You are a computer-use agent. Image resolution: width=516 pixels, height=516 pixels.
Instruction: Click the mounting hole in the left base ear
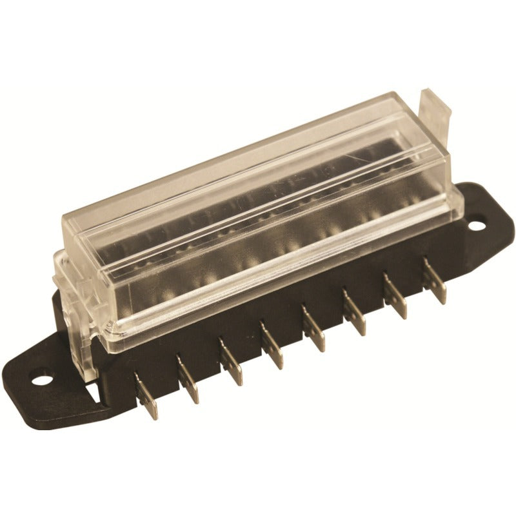click(x=41, y=375)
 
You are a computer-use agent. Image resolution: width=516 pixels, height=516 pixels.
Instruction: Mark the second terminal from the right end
click(x=395, y=297)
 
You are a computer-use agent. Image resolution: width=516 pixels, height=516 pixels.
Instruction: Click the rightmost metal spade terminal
click(x=435, y=281)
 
